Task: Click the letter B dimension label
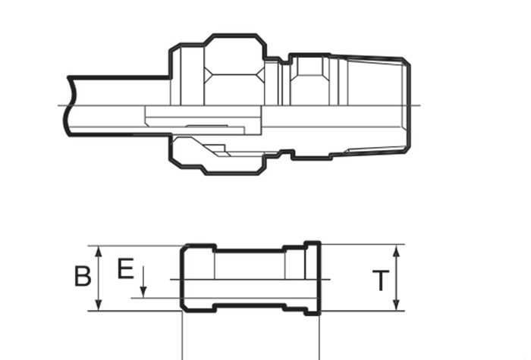pyautogui.click(x=83, y=276)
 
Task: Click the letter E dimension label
pyautogui.click(x=126, y=268)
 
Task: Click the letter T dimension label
pyautogui.click(x=381, y=280)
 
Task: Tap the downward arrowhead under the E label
pyautogui.click(x=143, y=292)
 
